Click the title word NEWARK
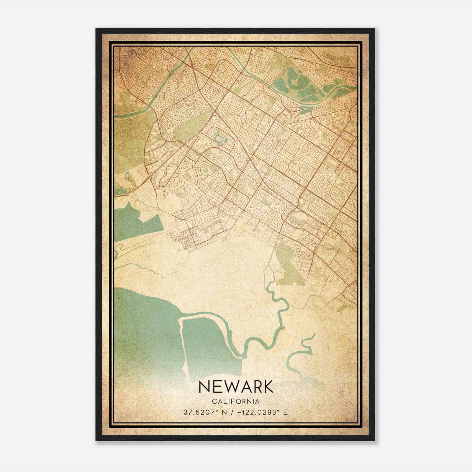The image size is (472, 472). tap(236, 387)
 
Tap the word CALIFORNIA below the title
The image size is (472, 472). tap(236, 401)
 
